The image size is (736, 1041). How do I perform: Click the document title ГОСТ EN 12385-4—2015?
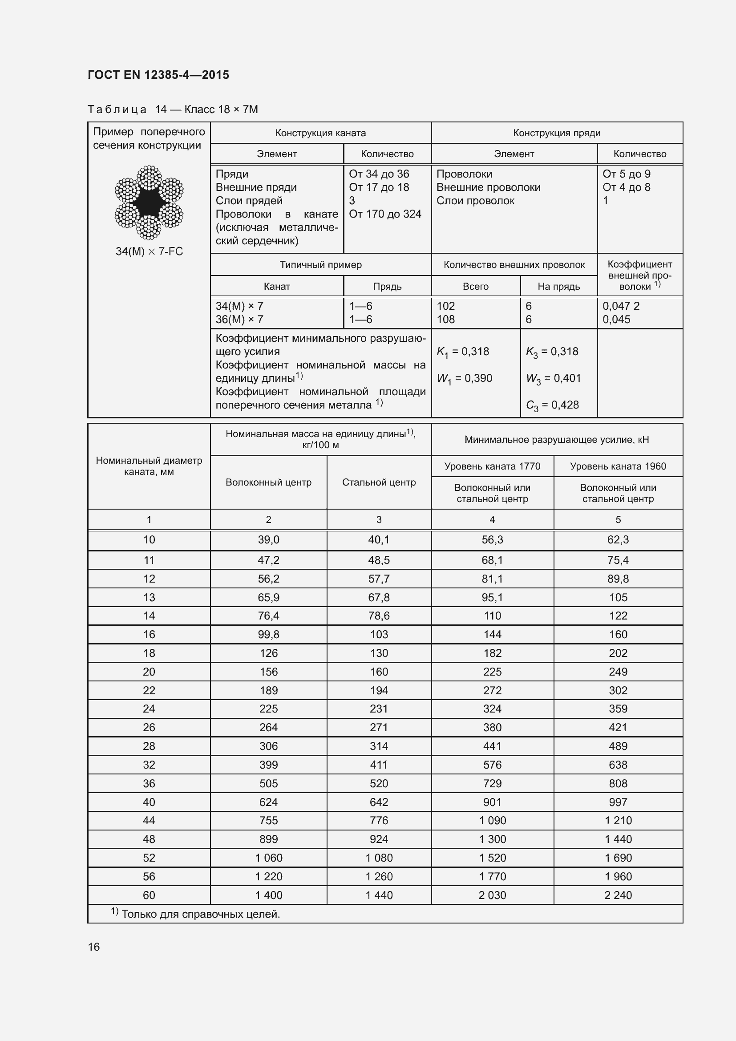pos(158,75)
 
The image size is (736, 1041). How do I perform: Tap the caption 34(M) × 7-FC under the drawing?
pos(149,251)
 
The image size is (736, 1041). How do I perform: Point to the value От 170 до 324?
pos(385,214)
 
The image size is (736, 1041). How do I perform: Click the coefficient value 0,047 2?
pos(620,306)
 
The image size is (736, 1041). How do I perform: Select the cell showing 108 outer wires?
pos(445,320)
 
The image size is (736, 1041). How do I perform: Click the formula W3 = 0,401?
pos(553,379)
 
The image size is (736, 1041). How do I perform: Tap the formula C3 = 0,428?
pos(552,405)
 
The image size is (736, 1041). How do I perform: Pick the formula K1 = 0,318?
pos(463,352)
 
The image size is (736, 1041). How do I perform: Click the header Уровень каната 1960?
pos(618,466)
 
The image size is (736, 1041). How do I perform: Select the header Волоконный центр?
pos(268,482)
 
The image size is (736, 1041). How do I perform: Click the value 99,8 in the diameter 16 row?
pos(268,635)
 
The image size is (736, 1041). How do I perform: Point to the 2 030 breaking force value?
pos(492,895)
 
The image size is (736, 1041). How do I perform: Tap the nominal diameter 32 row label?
pos(149,765)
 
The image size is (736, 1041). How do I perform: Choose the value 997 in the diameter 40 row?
pos(618,802)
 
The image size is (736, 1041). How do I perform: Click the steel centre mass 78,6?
pos(378,616)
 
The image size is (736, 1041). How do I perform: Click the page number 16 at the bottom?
pos(94,947)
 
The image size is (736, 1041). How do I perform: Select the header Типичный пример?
pos(320,265)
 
